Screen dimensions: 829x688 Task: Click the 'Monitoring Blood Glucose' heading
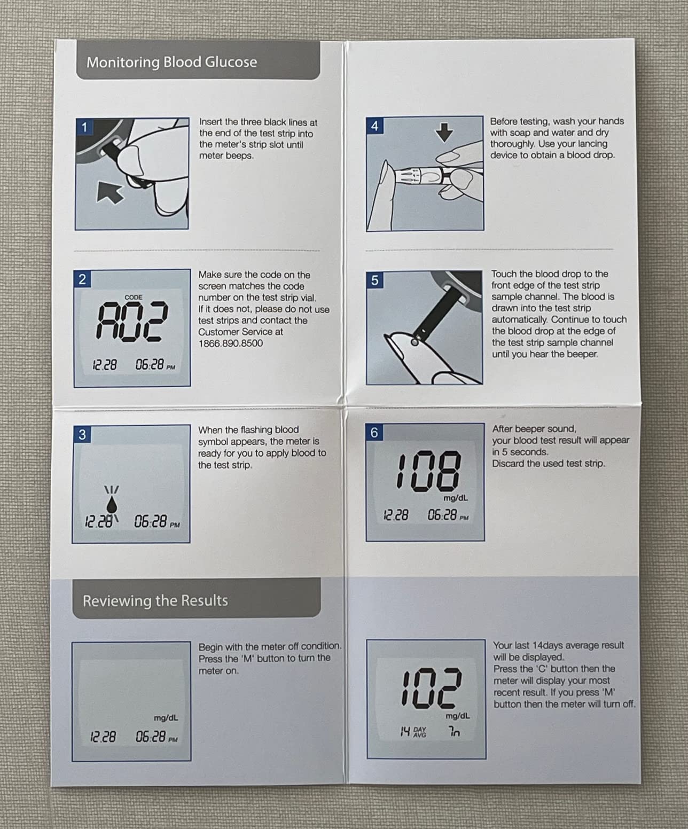tap(171, 62)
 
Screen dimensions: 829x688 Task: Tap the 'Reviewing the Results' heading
tap(155, 601)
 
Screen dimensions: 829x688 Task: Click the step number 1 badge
tap(84, 127)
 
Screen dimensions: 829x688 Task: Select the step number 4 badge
tap(374, 126)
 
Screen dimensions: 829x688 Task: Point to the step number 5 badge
tap(374, 280)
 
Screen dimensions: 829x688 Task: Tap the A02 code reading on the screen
tap(131, 321)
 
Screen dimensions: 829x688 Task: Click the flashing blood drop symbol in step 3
tap(112, 504)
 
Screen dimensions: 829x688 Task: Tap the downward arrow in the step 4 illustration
tap(444, 132)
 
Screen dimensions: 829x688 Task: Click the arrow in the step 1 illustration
tap(109, 193)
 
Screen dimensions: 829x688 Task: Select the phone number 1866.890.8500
tap(230, 343)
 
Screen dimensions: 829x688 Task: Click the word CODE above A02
tap(133, 298)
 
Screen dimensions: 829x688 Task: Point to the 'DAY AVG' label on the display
tap(420, 732)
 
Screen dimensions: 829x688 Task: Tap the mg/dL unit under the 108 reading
tap(455, 498)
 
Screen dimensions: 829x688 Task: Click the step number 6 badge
tap(374, 433)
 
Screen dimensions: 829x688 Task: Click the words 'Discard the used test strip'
tap(548, 464)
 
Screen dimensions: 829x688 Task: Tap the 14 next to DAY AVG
tap(405, 732)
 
